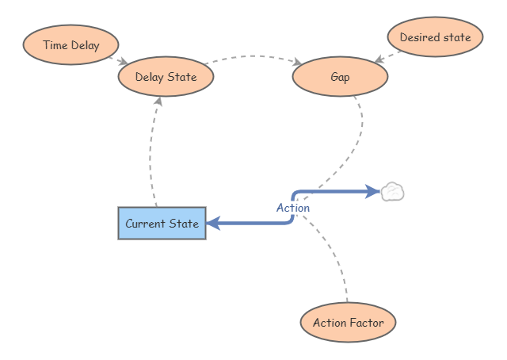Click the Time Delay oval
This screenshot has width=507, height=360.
coord(71,45)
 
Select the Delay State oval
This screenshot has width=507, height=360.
coord(166,77)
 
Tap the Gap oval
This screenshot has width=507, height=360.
coord(340,78)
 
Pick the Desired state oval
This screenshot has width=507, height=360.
coord(435,37)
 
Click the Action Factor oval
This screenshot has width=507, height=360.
coord(348,323)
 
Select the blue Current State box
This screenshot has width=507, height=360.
coord(162,224)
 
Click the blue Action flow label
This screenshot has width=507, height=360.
coord(292,208)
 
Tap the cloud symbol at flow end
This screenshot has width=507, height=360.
coord(393,192)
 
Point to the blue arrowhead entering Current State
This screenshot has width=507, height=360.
coord(213,224)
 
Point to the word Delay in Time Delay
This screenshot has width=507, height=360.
coord(86,45)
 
